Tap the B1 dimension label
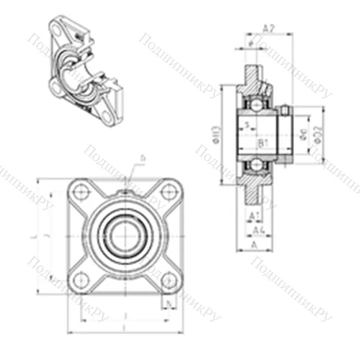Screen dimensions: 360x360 click(263, 143)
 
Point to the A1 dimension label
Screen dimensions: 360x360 click(253, 215)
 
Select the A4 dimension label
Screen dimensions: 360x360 click(263, 230)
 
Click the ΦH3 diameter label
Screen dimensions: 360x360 click(217, 135)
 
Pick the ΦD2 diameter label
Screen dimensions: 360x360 click(318, 134)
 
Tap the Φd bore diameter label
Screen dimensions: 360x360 click(303, 134)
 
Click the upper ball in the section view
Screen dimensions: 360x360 click(256, 105)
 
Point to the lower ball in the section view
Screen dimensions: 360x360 click(256, 164)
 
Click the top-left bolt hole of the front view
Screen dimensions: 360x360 click(81, 191)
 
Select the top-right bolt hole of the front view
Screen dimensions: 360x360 click(168, 191)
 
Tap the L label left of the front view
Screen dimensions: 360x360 click(35, 236)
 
